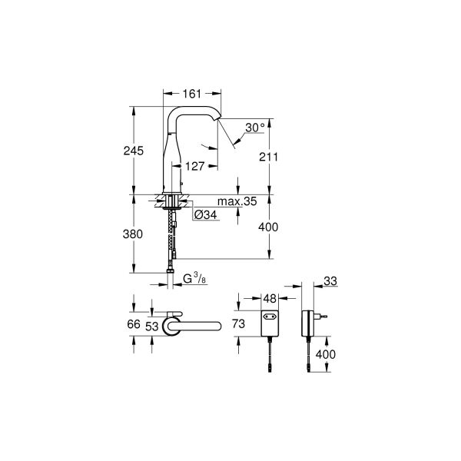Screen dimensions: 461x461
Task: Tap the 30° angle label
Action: [256, 128]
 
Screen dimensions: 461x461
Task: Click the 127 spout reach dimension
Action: [194, 164]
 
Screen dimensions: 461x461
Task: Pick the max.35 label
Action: [237, 202]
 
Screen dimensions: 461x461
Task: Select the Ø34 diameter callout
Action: [206, 214]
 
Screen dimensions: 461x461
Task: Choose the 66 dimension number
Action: [134, 325]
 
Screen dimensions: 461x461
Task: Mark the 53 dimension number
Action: [154, 325]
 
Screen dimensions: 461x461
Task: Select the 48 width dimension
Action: [269, 297]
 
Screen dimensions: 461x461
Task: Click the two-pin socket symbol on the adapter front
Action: [270, 315]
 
